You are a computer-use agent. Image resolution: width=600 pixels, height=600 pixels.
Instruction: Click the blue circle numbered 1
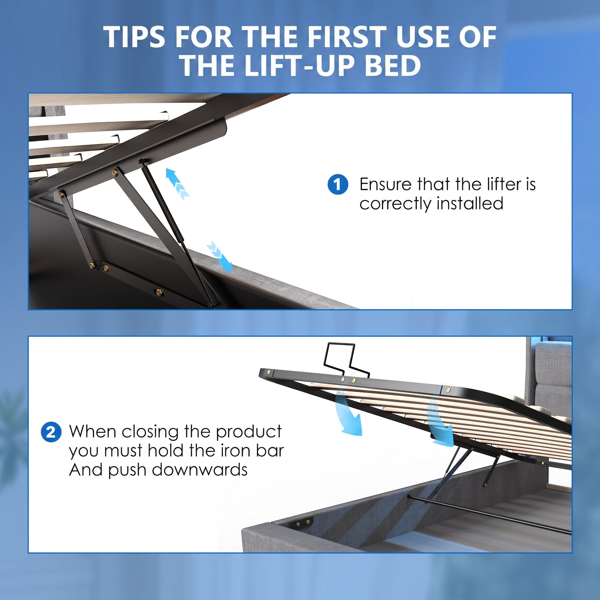[338, 184]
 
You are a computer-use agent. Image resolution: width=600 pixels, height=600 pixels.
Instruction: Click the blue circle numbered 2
[51, 432]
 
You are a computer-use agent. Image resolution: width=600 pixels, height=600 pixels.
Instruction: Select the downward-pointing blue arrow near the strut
[219, 256]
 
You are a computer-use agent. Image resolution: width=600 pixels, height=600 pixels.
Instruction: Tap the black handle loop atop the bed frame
[347, 360]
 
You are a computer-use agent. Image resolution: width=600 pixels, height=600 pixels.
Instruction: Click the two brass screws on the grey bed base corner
[303, 523]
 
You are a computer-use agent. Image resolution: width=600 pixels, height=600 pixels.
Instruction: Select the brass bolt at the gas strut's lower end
[212, 305]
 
